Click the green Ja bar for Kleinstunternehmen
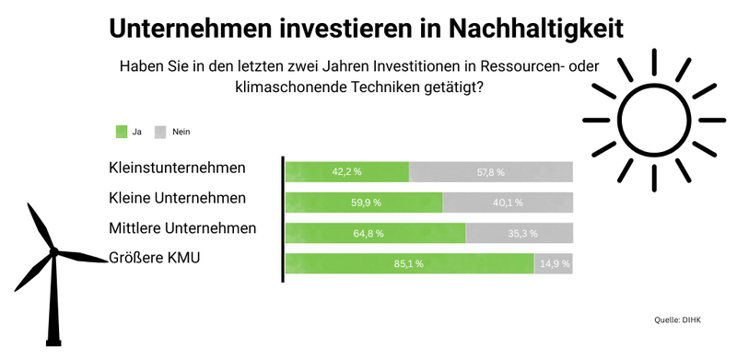[x=346, y=171]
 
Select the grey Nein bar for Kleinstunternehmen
[x=490, y=171]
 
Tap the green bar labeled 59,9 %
[x=364, y=202]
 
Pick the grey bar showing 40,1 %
[x=508, y=202]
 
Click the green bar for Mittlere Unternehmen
[x=375, y=233]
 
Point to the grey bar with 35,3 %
[x=520, y=233]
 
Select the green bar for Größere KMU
[x=409, y=263]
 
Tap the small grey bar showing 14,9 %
[x=554, y=263]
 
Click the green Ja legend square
[x=120, y=132]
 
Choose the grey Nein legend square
[x=160, y=132]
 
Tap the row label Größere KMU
[x=155, y=258]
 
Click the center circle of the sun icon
[x=653, y=120]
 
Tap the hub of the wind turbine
[x=53, y=250]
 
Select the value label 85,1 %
[x=409, y=263]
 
